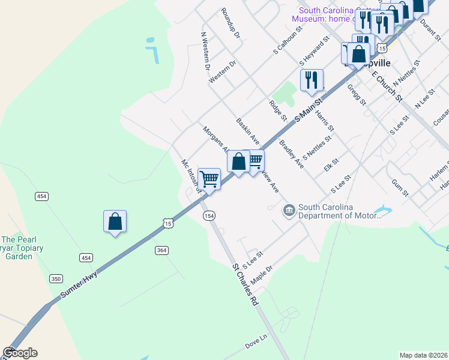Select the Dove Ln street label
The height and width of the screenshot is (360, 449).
click(255, 346)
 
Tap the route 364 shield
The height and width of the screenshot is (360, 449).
click(160, 250)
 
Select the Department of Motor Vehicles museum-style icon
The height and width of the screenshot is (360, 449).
click(289, 211)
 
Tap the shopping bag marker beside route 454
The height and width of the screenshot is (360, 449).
click(115, 221)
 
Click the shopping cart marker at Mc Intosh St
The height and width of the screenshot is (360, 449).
click(209, 179)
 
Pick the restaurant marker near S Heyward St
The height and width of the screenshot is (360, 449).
click(312, 80)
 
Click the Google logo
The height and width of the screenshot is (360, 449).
click(20, 353)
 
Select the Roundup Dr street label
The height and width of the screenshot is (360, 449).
click(230, 23)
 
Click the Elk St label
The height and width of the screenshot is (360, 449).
click(331, 164)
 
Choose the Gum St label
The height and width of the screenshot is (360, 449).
click(400, 187)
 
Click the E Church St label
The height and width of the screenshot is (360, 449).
click(387, 86)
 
